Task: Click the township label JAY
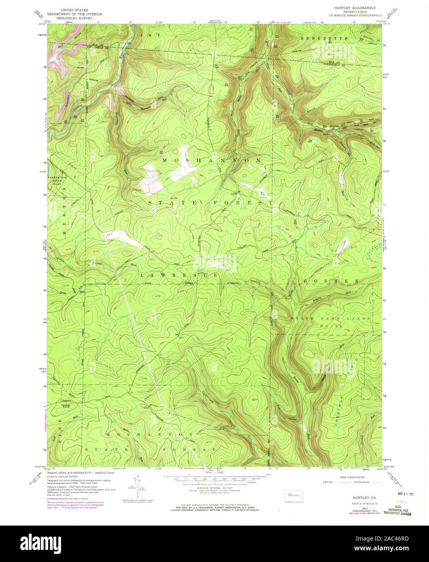click(x=150, y=36)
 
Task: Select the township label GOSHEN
click(x=331, y=280)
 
